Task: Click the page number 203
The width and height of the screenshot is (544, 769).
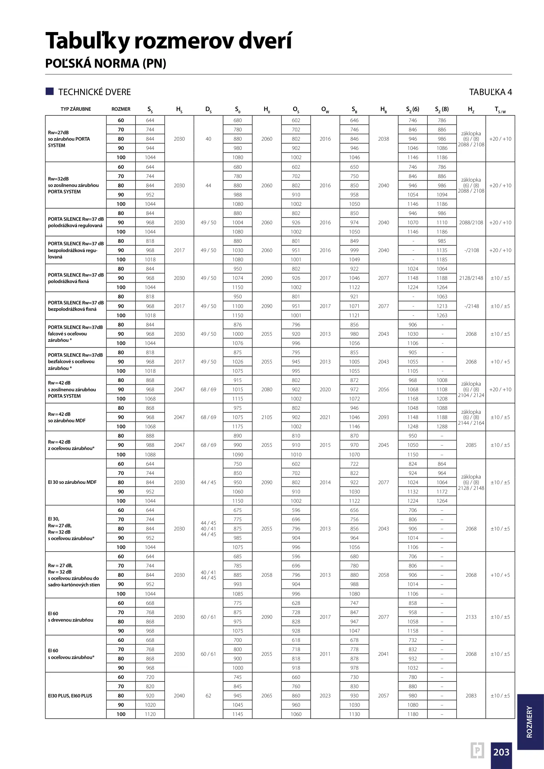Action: pyautogui.click(x=501, y=752)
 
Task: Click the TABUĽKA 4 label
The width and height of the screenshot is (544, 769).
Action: pyautogui.click(x=490, y=92)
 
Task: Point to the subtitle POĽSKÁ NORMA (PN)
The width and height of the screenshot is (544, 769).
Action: pyautogui.click(x=106, y=63)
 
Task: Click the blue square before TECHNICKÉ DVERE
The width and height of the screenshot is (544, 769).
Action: pyautogui.click(x=50, y=91)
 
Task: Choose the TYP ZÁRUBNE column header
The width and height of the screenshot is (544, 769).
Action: pyautogui.click(x=76, y=109)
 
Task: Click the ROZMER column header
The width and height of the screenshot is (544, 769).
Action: pyautogui.click(x=121, y=109)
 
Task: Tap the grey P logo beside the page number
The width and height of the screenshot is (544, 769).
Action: pyautogui.click(x=477, y=750)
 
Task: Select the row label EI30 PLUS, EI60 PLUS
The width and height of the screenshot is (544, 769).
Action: pyautogui.click(x=70, y=696)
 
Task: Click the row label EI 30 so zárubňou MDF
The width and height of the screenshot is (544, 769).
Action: pyautogui.click(x=72, y=482)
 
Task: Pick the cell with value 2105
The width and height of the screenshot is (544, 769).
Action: pyautogui.click(x=266, y=417)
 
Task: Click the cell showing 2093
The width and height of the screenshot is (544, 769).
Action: pyautogui.click(x=383, y=417)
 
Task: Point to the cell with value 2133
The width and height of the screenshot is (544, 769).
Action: pyautogui.click(x=471, y=617)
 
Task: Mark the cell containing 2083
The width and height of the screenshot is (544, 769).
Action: pyautogui.click(x=471, y=696)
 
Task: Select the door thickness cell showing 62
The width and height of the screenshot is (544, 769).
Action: pyautogui.click(x=208, y=696)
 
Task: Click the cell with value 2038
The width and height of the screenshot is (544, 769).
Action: pyautogui.click(x=383, y=139)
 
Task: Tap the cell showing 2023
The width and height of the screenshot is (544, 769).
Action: pyautogui.click(x=325, y=696)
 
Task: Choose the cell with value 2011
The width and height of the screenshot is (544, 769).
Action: pyautogui.click(x=325, y=654)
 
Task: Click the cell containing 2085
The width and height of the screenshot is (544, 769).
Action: pyautogui.click(x=471, y=445)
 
